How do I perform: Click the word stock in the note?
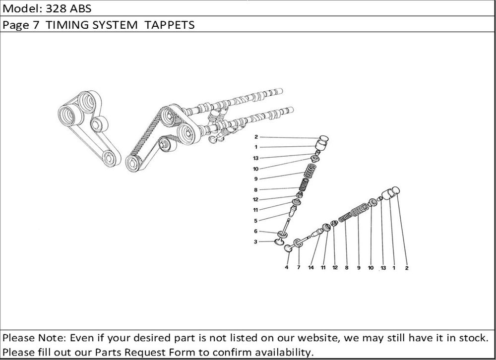click(x=472, y=338)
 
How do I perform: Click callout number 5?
click(x=255, y=221)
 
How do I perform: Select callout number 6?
click(x=255, y=232)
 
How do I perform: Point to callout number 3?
click(x=255, y=242)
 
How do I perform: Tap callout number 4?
click(x=286, y=268)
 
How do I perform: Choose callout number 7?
click(x=299, y=268)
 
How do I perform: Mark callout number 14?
click(x=311, y=268)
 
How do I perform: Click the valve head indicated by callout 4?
click(x=289, y=248)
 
